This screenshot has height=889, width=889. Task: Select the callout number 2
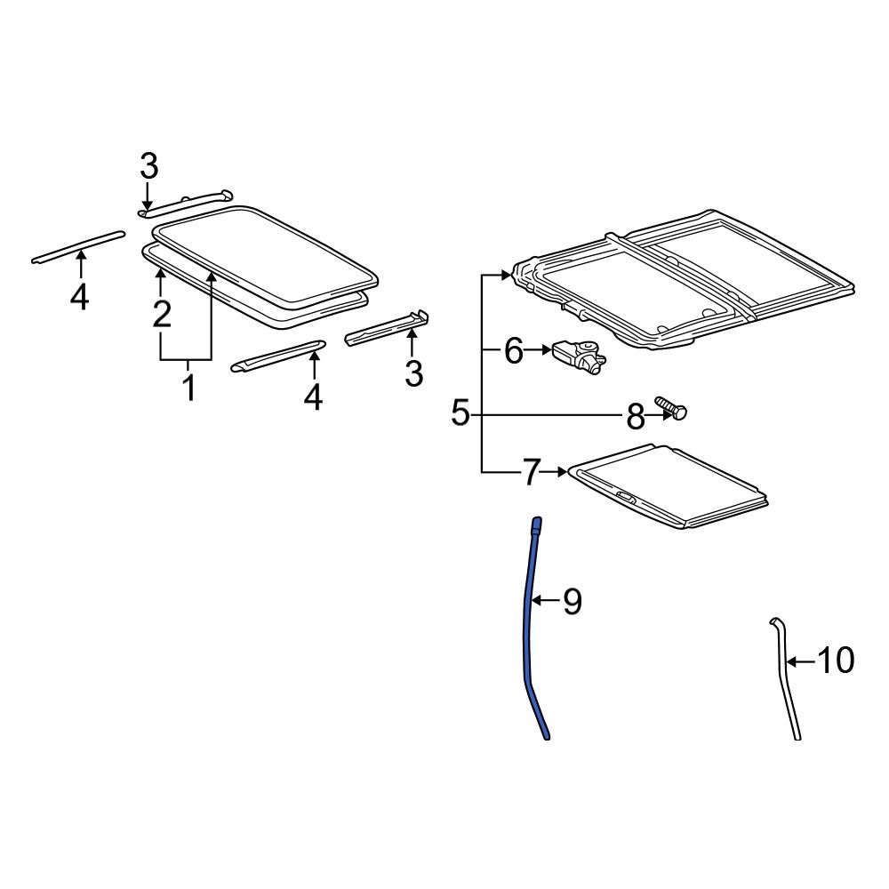point(162,315)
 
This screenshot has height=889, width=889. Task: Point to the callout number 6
point(514,351)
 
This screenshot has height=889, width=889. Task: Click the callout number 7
point(530,472)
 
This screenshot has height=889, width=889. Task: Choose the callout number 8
point(636,417)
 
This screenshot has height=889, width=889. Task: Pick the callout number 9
point(572,601)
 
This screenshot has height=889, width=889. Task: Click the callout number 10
point(835,661)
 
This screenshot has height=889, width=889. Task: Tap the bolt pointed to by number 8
point(671,408)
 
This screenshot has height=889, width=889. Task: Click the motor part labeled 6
point(579,356)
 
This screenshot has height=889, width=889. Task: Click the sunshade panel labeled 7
point(669,486)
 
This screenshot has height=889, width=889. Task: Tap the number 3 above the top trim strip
point(148,167)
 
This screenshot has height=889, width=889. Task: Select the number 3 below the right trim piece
point(414,373)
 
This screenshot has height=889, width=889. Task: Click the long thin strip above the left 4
point(78,246)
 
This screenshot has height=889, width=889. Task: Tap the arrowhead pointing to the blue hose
point(536,600)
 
